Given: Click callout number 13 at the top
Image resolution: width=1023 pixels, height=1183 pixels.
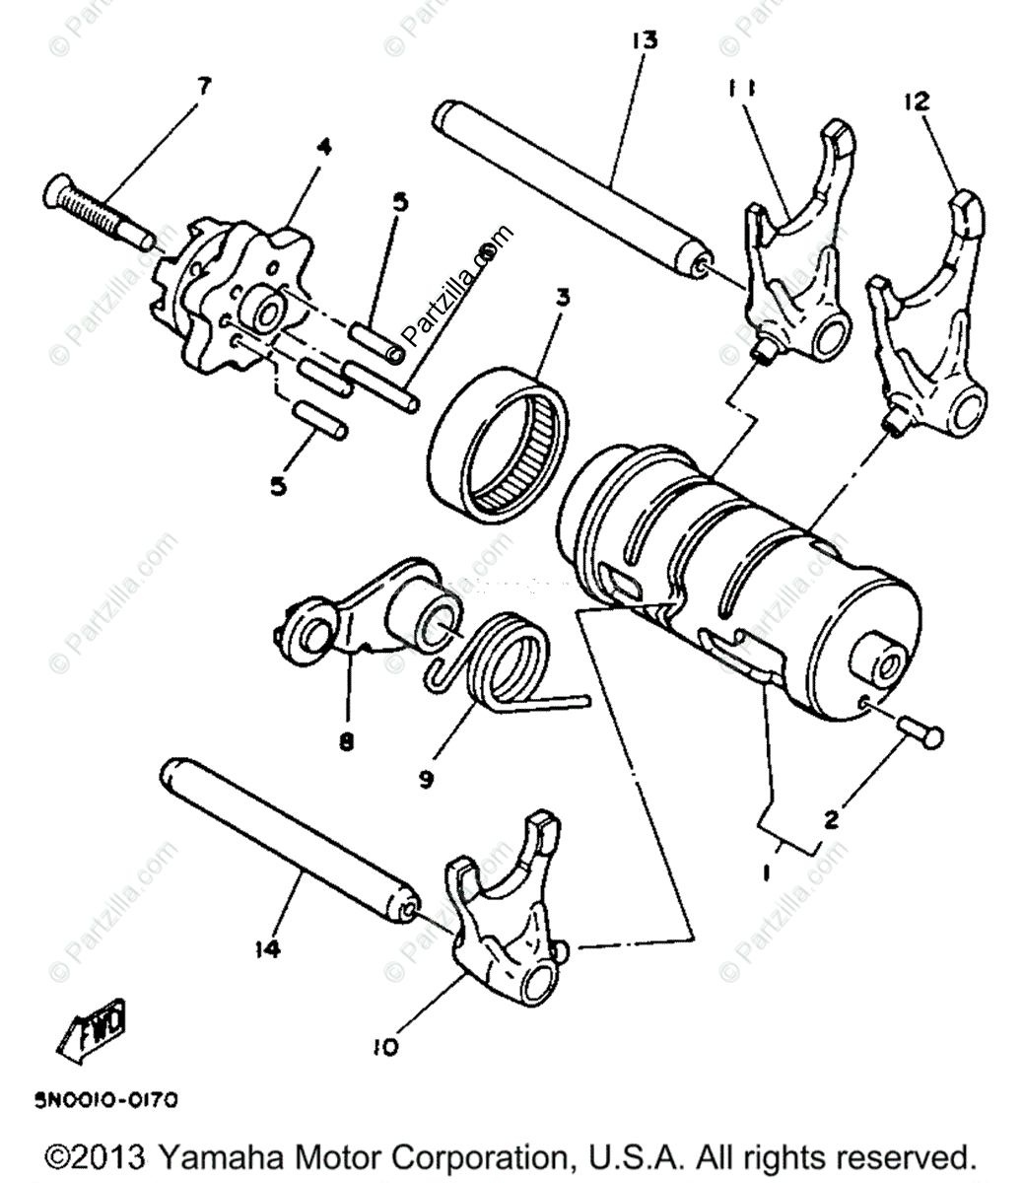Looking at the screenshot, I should pyautogui.click(x=646, y=40).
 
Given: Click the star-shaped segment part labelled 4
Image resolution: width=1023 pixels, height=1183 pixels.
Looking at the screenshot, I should pyautogui.click(x=222, y=286).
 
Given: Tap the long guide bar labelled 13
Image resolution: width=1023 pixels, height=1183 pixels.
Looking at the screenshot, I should pyautogui.click(x=572, y=187).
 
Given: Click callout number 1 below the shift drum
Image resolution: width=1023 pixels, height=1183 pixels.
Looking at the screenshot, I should pyautogui.click(x=768, y=871).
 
